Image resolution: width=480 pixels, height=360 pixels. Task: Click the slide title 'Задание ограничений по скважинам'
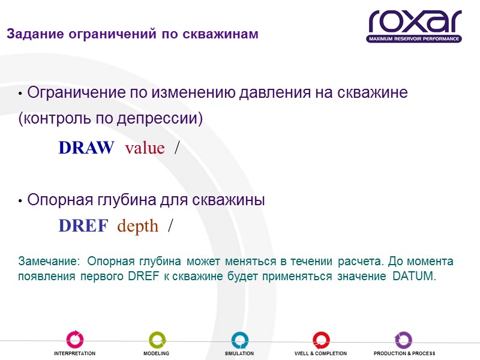tap(133, 34)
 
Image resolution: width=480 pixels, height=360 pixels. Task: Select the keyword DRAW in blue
tap(86, 148)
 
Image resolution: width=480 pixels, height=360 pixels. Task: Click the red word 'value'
tap(145, 148)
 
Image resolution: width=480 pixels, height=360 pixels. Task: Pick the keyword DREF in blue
tap(83, 226)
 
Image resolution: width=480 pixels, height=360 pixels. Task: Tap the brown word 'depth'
tap(138, 226)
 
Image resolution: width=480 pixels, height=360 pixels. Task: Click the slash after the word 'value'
tap(176, 148)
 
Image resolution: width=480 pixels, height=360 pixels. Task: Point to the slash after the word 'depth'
tap(171, 226)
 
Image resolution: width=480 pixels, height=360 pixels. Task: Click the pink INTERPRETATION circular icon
tap(74, 340)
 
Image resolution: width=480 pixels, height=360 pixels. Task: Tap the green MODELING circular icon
tap(157, 340)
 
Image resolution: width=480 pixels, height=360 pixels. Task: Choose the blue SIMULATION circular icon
tap(239, 340)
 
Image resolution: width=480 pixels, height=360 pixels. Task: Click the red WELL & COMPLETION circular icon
tap(321, 340)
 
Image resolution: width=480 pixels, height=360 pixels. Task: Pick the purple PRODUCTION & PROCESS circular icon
tap(404, 340)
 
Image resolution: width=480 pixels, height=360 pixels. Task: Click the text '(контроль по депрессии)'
tap(111, 119)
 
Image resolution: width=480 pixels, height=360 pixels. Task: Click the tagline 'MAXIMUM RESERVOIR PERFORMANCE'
tap(415, 39)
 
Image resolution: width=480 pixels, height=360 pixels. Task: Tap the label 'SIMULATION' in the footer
tap(239, 354)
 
